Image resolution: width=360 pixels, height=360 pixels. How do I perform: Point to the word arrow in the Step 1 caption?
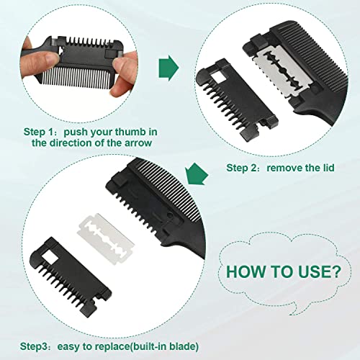click(x=143, y=143)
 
